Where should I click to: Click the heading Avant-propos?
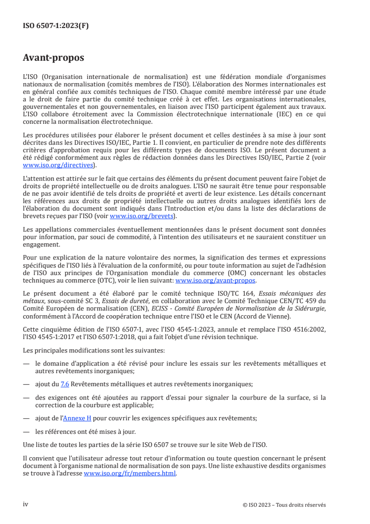coord(53,58)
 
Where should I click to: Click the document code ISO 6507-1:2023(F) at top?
coord(56,26)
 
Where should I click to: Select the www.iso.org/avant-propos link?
coord(215,280)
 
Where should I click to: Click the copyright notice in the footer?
coord(284,504)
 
